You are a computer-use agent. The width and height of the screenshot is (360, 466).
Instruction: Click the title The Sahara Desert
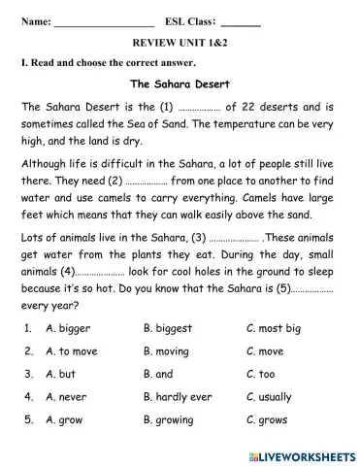[x=180, y=83]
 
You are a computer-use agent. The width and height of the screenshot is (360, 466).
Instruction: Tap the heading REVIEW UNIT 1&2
[x=180, y=43]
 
